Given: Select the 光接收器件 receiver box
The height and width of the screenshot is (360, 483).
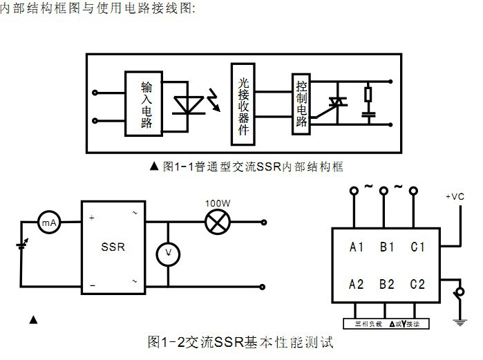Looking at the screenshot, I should [x=243, y=104].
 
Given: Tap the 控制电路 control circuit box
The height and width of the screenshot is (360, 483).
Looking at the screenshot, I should [x=301, y=103].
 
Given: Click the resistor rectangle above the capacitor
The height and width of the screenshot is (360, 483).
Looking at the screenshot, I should [x=368, y=93].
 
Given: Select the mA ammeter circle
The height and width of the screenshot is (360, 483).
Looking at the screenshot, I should [x=49, y=222].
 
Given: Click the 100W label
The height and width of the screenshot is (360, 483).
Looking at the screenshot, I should [x=217, y=204].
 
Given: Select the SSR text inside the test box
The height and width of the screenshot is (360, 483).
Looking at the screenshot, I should [x=113, y=247].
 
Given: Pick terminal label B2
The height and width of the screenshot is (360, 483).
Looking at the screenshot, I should [x=387, y=284].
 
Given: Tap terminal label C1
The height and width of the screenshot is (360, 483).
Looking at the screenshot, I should [x=417, y=247].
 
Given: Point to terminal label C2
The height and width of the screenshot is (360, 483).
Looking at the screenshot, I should [x=417, y=284].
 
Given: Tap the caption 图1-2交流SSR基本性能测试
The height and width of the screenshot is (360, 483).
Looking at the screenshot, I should [x=240, y=342].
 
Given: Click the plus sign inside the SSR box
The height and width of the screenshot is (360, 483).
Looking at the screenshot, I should [x=92, y=218].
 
